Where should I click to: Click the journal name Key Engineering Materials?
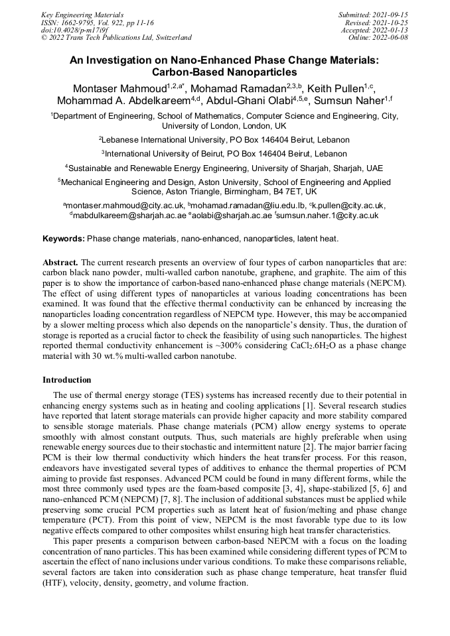(82, 14)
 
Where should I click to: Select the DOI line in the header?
(74, 30)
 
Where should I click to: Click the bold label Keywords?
(64, 238)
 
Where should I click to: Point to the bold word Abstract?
(60, 263)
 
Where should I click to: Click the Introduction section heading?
(67, 380)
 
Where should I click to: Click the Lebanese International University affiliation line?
(224, 140)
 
